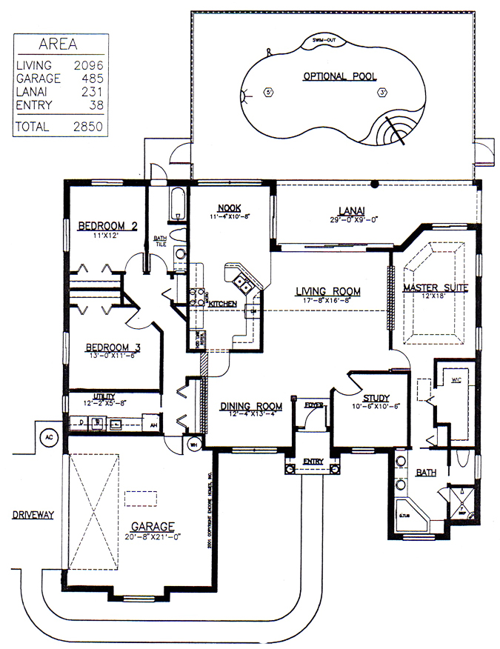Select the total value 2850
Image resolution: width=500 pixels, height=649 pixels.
pos(88,127)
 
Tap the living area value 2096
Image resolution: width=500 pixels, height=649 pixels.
pos(88,65)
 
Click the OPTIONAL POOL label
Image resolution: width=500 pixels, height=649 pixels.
pos(339,76)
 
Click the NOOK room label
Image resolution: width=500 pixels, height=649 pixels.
pos(227,207)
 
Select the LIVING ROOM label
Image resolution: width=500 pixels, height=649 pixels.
pos(327,291)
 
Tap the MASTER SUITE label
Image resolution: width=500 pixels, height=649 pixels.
pos(433,287)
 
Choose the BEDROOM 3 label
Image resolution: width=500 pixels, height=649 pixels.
pos(113,347)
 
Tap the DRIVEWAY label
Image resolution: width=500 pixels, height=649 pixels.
pos(33,514)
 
